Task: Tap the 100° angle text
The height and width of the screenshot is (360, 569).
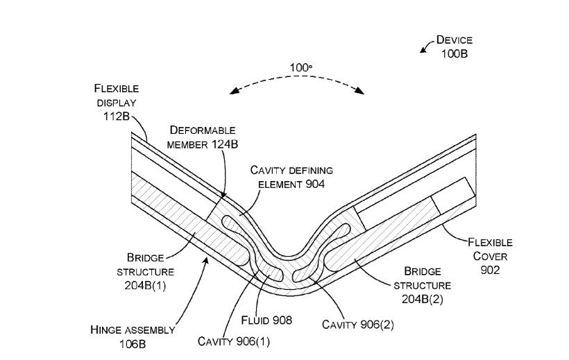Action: [x=300, y=68]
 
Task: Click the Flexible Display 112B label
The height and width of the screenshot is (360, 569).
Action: [x=116, y=102]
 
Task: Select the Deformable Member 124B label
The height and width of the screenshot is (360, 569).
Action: [x=202, y=137]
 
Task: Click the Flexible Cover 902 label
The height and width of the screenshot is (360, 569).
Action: [x=490, y=256]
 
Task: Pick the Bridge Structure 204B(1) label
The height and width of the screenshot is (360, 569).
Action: [x=150, y=271]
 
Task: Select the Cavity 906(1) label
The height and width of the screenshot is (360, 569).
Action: [x=232, y=341]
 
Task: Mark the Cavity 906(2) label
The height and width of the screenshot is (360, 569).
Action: [x=358, y=324]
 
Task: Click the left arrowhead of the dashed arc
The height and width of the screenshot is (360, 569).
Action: [x=234, y=91]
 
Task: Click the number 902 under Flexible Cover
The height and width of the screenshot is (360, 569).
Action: [x=490, y=270]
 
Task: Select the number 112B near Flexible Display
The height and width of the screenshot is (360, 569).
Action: [x=116, y=116]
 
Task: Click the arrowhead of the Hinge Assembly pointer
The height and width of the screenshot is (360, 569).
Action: [x=207, y=258]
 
